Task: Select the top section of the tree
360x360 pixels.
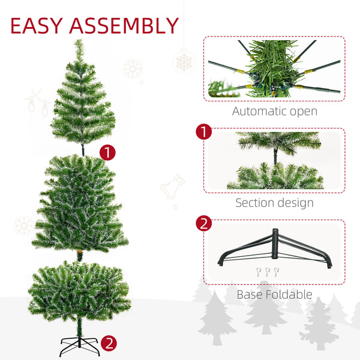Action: click(82, 102)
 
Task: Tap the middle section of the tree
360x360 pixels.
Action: click(79, 204)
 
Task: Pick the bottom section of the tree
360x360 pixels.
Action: click(79, 291)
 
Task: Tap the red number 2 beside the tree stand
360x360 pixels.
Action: click(108, 344)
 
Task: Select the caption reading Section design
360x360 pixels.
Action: click(274, 203)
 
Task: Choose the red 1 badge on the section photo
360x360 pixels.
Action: click(204, 132)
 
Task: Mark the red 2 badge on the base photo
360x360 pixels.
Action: click(204, 224)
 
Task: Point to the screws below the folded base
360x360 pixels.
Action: click(268, 272)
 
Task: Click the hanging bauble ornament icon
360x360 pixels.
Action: click(183, 60)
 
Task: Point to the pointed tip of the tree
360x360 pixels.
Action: click(79, 42)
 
